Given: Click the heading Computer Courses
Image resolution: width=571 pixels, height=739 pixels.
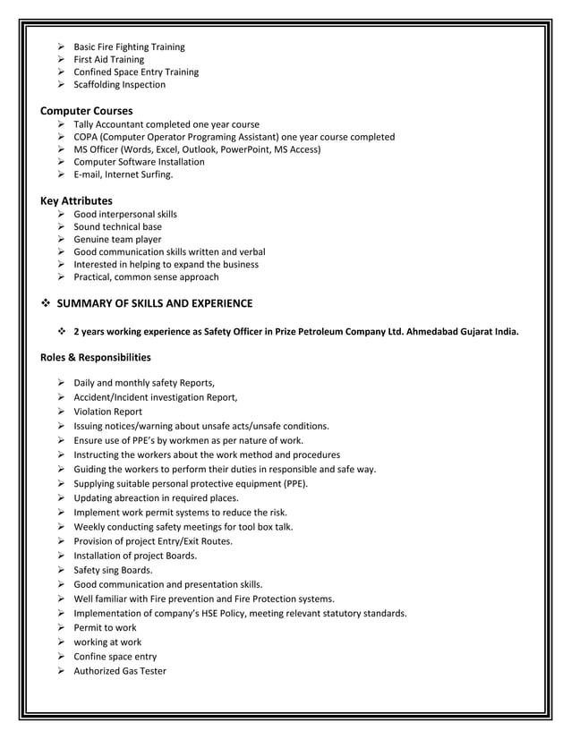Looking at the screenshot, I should click(87, 111).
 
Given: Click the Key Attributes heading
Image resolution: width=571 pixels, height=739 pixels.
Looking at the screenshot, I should click(77, 201).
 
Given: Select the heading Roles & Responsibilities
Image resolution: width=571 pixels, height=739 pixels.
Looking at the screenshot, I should click(96, 358).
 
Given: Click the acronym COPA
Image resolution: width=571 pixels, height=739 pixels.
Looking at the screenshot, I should click(88, 137).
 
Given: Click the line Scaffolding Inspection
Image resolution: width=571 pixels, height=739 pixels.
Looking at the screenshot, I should click(119, 85).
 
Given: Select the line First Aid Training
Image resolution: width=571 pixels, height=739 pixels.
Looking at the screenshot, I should click(108, 60).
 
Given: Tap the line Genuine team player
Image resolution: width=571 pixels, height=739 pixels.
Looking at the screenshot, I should click(117, 240).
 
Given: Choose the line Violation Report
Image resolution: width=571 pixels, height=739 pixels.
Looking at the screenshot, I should click(107, 412).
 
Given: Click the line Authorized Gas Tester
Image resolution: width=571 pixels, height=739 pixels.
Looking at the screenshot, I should click(119, 671).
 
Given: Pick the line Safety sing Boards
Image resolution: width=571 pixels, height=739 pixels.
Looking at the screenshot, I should click(113, 570).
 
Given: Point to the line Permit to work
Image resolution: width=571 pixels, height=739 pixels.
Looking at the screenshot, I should click(105, 628).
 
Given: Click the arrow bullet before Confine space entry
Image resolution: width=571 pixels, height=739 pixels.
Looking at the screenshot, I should click(62, 657).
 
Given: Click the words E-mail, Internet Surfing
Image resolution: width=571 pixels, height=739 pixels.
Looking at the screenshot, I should click(123, 175).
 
